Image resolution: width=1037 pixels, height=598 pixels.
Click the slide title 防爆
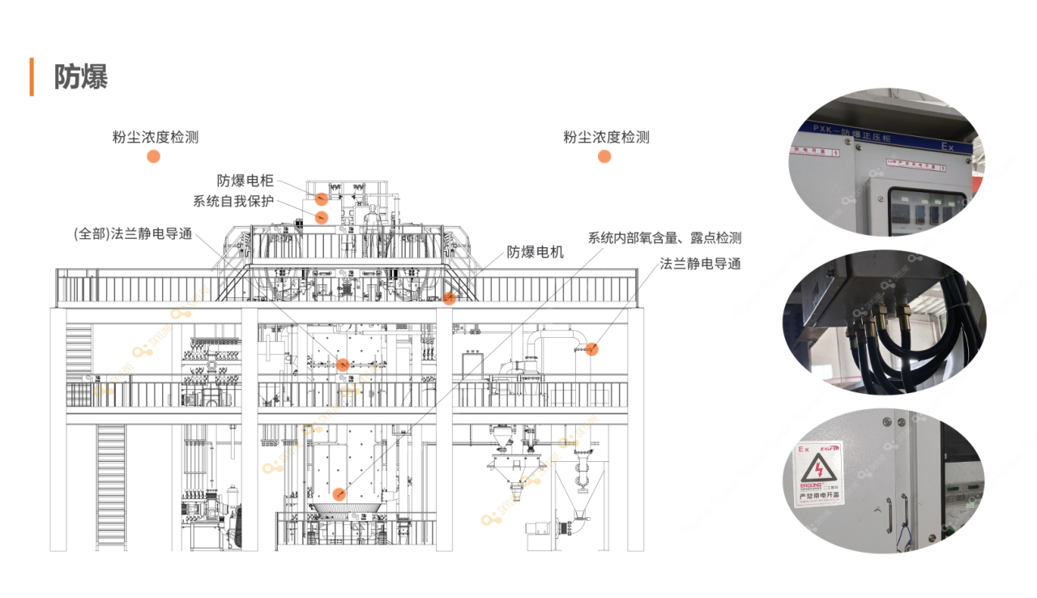(81, 77)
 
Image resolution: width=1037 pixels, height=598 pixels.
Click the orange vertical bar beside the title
(32, 77)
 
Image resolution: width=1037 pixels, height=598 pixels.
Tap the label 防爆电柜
(245, 181)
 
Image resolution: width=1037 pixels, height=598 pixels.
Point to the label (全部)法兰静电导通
(133, 234)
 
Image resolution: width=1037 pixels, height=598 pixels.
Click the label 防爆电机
(535, 252)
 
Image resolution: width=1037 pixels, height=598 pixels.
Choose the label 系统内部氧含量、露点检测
(664, 237)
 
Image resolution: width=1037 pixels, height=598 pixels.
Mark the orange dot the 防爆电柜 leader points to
(322, 199)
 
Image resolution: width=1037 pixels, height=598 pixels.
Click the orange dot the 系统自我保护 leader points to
(321, 216)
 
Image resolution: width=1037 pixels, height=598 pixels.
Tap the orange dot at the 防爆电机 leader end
(449, 298)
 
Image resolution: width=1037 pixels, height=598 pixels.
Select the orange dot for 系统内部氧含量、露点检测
(339, 493)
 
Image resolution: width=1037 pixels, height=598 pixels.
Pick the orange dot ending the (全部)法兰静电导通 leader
(343, 365)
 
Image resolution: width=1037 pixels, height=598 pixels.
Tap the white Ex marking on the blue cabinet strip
(947, 147)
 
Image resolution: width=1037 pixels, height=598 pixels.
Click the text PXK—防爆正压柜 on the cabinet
(851, 134)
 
